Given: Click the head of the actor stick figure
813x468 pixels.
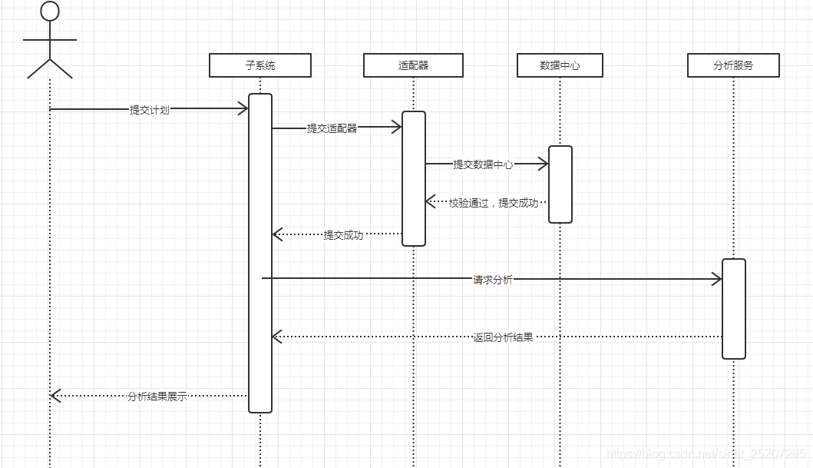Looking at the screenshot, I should pyautogui.click(x=50, y=11).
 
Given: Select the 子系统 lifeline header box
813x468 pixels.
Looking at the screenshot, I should pyautogui.click(x=260, y=65).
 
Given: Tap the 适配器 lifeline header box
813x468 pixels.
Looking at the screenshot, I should pyautogui.click(x=413, y=65).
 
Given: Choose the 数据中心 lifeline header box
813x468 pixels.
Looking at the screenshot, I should pyautogui.click(x=560, y=65).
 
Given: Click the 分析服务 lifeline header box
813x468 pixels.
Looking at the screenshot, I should pyautogui.click(x=733, y=65).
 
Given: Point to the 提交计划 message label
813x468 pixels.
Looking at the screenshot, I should pyautogui.click(x=149, y=110).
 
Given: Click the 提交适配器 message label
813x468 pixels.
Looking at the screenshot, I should pyautogui.click(x=332, y=128).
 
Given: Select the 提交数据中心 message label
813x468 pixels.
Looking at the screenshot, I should pyautogui.click(x=483, y=164).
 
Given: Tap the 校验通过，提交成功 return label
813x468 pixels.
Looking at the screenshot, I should pyautogui.click(x=493, y=203).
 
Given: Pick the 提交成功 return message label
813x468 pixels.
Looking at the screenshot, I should pyautogui.click(x=343, y=235).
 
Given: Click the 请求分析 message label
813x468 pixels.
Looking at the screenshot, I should pyautogui.click(x=492, y=280).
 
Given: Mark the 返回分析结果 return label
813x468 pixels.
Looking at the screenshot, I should pyautogui.click(x=503, y=337).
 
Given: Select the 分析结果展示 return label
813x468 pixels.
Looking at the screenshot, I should pyautogui.click(x=157, y=397).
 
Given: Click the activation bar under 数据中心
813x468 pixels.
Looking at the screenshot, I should pyautogui.click(x=560, y=184).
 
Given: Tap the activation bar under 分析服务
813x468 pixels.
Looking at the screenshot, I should pyautogui.click(x=733, y=309).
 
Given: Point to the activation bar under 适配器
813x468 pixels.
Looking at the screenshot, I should pyautogui.click(x=413, y=178).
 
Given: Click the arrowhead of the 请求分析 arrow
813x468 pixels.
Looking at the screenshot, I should pyautogui.click(x=717, y=280).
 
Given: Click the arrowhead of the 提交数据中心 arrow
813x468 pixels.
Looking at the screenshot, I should pyautogui.click(x=543, y=164).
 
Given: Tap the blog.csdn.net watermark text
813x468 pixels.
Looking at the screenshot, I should pyautogui.click(x=706, y=454).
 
